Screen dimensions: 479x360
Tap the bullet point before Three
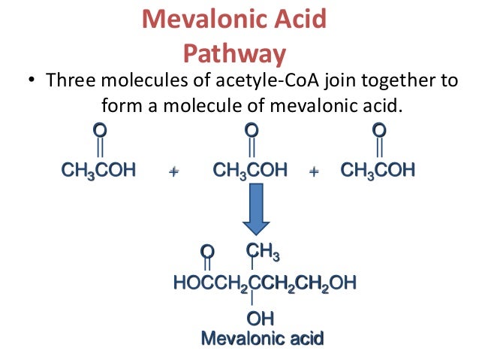[31, 82]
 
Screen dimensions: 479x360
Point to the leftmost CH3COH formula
[98, 171]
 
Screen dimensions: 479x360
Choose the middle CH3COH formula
[250, 171]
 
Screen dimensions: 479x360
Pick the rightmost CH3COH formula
[378, 171]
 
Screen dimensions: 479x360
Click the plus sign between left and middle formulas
[174, 172]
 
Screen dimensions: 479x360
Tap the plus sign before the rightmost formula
[314, 172]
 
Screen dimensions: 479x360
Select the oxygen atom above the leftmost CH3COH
[98, 131]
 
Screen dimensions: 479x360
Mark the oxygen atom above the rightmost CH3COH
[380, 131]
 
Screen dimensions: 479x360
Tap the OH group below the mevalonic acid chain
[260, 319]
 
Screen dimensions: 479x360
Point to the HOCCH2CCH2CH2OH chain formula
[265, 284]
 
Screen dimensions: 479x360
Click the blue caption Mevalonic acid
[262, 338]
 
